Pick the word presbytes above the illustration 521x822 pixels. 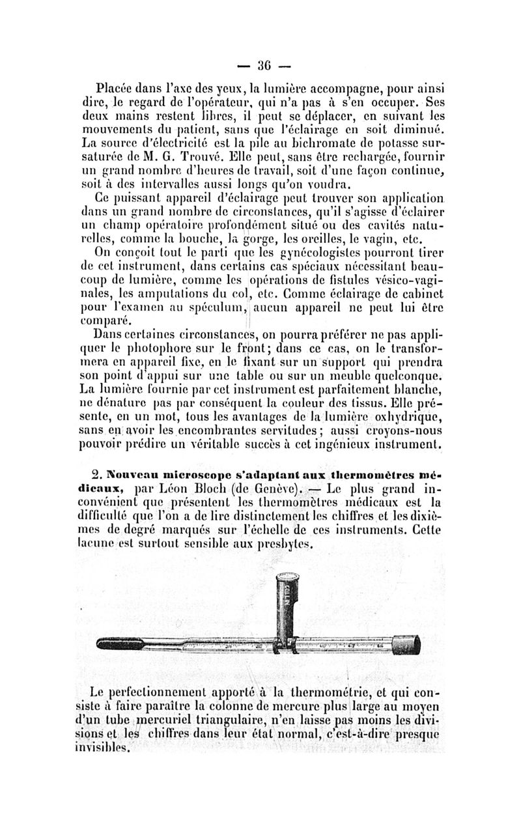285,542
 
